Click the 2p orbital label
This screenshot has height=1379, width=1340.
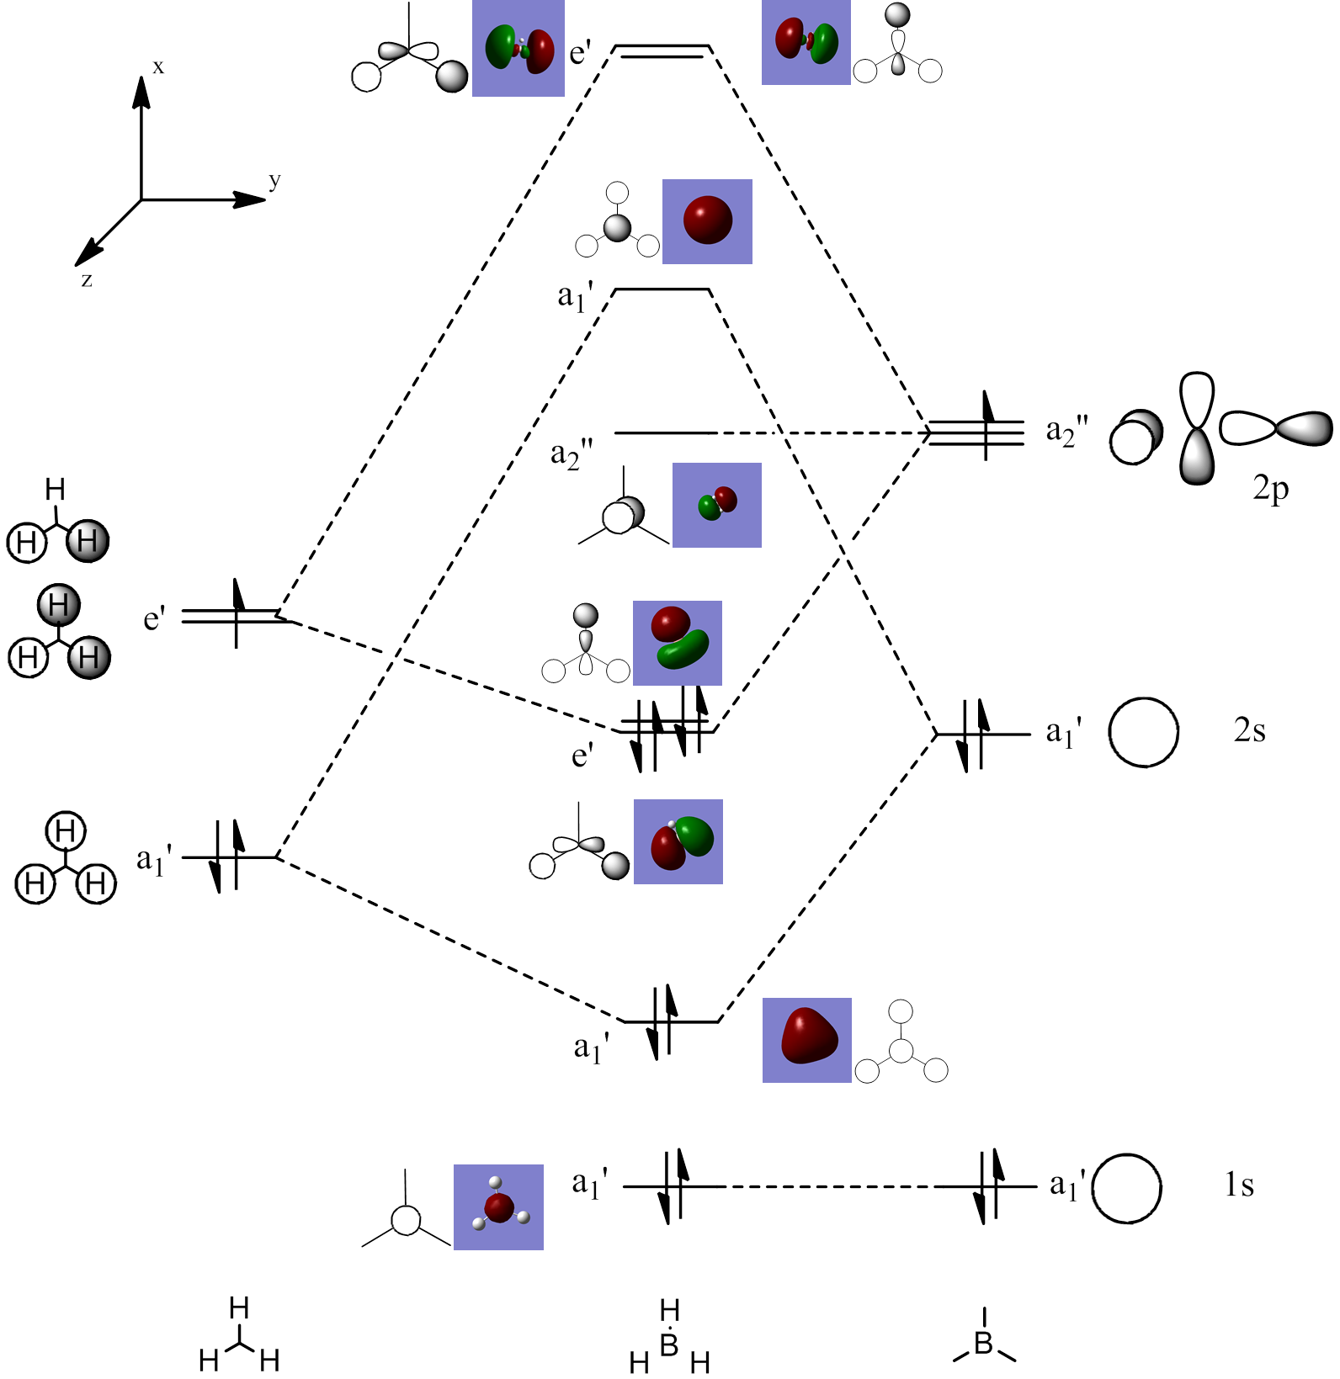[x=1270, y=489]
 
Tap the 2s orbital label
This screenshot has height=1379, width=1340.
[x=1249, y=730]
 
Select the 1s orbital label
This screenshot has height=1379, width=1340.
[x=1239, y=1185]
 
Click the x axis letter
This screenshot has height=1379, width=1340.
[x=158, y=67]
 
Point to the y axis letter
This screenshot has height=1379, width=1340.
[x=274, y=180]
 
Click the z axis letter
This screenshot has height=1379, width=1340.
[x=87, y=280]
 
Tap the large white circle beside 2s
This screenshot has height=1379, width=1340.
[x=1143, y=732]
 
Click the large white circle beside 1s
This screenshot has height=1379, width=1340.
[x=1127, y=1187]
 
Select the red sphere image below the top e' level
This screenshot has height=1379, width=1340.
[x=707, y=221]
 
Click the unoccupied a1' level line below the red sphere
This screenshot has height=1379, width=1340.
[x=662, y=290]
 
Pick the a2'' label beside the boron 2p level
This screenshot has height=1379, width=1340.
[x=1066, y=432]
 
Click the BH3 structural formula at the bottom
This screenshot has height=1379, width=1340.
[x=669, y=1338]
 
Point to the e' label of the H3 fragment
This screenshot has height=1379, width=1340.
[x=154, y=619]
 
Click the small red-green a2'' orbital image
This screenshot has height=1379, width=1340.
[x=717, y=505]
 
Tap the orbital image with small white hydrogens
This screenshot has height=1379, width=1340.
[x=498, y=1207]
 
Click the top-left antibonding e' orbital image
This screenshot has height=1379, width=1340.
[x=518, y=49]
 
